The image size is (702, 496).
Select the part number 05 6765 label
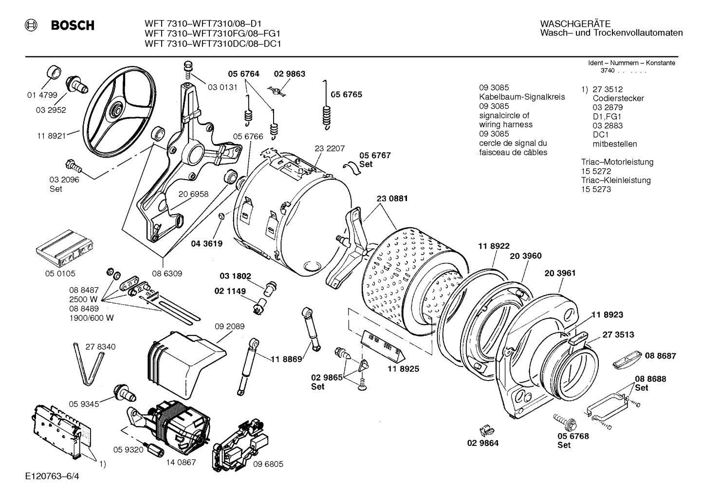(346, 94)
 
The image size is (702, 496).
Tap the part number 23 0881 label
(392, 199)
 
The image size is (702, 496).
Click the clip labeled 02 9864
(485, 430)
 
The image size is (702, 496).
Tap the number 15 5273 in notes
(595, 189)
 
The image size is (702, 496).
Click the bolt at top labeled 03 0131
(187, 71)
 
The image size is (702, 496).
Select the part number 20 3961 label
(560, 273)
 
